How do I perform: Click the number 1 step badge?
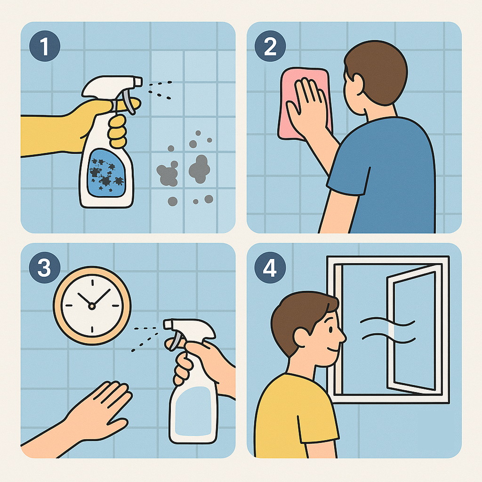45,46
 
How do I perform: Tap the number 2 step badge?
270,46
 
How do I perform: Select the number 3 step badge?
45,267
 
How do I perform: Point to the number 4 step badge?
270,267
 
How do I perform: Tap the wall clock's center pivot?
92,306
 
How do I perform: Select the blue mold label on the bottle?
106,173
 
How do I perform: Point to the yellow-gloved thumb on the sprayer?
126,104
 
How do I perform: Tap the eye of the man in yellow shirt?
330,329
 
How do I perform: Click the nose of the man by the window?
342,337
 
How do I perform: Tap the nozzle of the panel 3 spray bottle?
168,324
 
